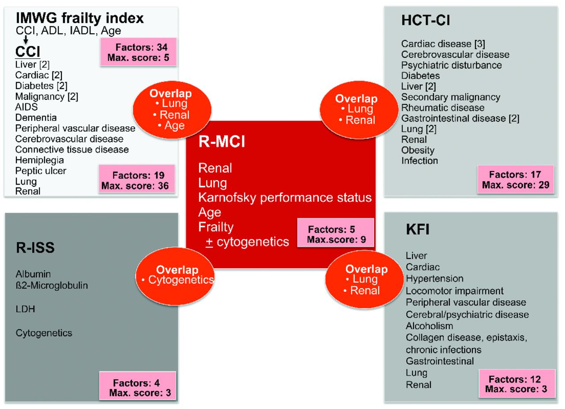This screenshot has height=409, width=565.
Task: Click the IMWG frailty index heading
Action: [79, 18]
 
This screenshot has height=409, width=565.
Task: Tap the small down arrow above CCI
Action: [26, 39]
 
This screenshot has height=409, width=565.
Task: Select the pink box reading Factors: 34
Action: [139, 52]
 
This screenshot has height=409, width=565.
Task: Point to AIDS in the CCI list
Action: [26, 107]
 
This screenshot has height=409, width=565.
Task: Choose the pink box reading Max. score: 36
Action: [137, 180]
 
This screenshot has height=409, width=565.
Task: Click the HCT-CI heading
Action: [426, 21]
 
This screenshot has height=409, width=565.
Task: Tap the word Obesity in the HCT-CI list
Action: [418, 150]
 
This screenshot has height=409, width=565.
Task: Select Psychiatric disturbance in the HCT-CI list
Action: [451, 65]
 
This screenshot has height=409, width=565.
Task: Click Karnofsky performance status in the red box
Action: [285, 197]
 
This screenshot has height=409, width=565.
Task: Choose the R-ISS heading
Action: [35, 248]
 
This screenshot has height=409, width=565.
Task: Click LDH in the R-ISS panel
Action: [25, 309]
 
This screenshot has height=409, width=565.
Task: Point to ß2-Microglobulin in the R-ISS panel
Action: [52, 285]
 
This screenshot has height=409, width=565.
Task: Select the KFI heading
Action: [417, 230]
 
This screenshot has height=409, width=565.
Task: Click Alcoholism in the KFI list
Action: [429, 326]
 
